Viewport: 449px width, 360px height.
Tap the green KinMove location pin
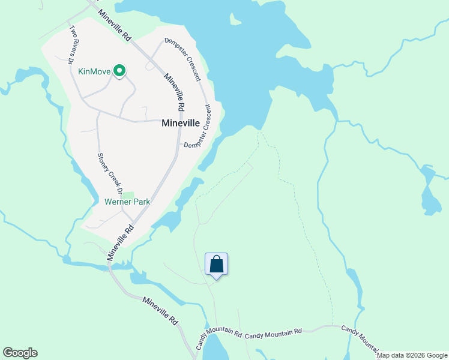tap(119, 71)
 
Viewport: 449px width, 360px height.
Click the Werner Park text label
tap(127, 202)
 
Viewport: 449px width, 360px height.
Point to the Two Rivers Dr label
tap(71, 44)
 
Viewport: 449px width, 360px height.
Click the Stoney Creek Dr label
tap(109, 173)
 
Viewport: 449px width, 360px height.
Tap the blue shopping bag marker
tap(217, 265)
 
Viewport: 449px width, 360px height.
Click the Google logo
tap(20, 353)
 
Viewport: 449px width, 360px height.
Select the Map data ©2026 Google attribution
tap(412, 355)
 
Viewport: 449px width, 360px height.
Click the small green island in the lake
tap(235, 20)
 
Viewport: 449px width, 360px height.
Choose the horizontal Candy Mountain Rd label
tap(273, 332)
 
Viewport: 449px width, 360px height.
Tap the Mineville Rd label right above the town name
tap(173, 91)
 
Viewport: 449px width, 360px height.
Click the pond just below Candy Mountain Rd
tap(215, 348)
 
